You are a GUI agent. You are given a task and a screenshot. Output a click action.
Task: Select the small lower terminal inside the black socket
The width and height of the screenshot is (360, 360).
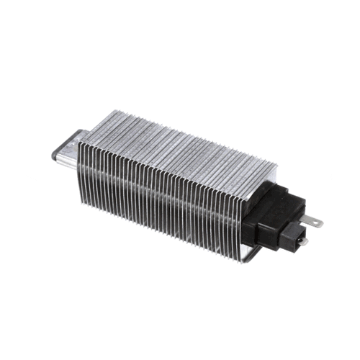(x=302, y=241)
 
